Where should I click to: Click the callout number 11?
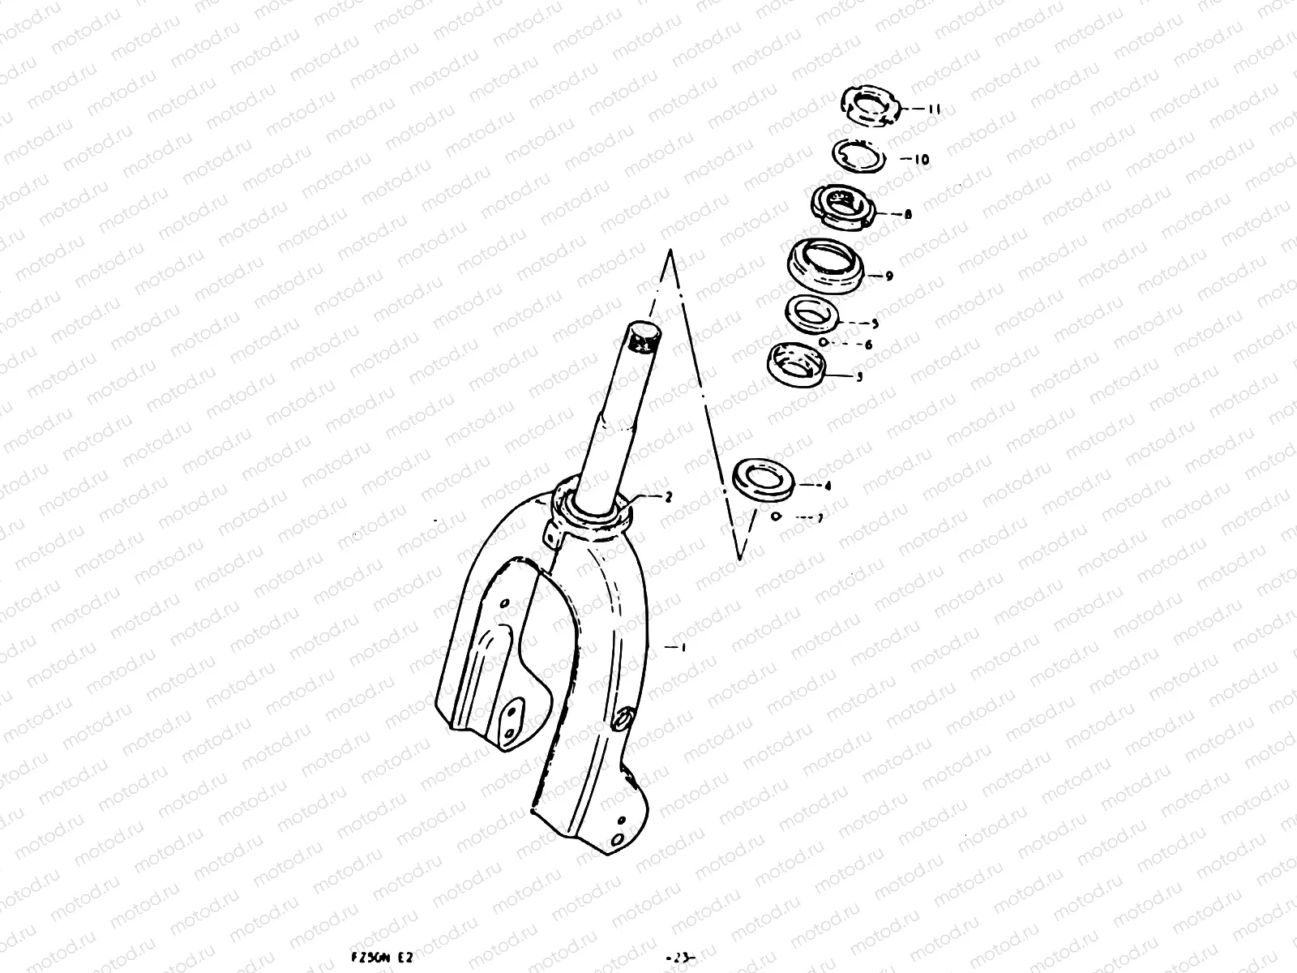[934, 109]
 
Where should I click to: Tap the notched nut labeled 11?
[870, 106]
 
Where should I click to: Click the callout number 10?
[921, 160]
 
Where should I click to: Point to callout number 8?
[907, 215]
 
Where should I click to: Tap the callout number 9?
[888, 276]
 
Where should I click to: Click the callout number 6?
[868, 345]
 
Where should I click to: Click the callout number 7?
[820, 519]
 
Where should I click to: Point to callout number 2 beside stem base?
[668, 497]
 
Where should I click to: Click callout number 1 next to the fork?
[683, 647]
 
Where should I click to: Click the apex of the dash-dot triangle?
[670, 252]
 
